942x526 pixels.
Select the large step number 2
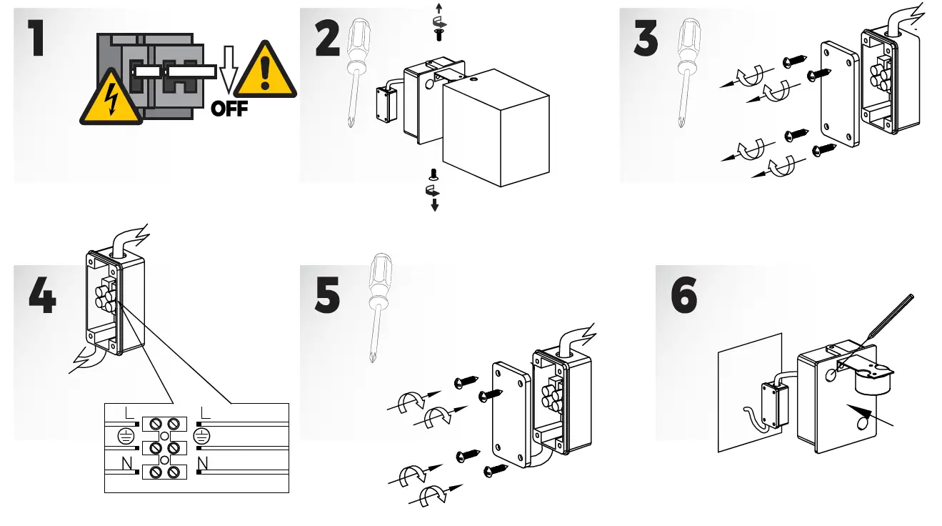(327, 39)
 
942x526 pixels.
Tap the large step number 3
(646, 39)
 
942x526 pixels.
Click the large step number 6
(684, 297)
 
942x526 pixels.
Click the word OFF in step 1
(229, 109)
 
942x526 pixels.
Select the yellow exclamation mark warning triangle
(265, 71)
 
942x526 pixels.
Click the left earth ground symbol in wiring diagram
(126, 436)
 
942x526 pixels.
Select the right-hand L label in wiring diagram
(206, 413)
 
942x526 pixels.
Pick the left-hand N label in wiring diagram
(127, 464)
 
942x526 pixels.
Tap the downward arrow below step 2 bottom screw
(434, 206)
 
